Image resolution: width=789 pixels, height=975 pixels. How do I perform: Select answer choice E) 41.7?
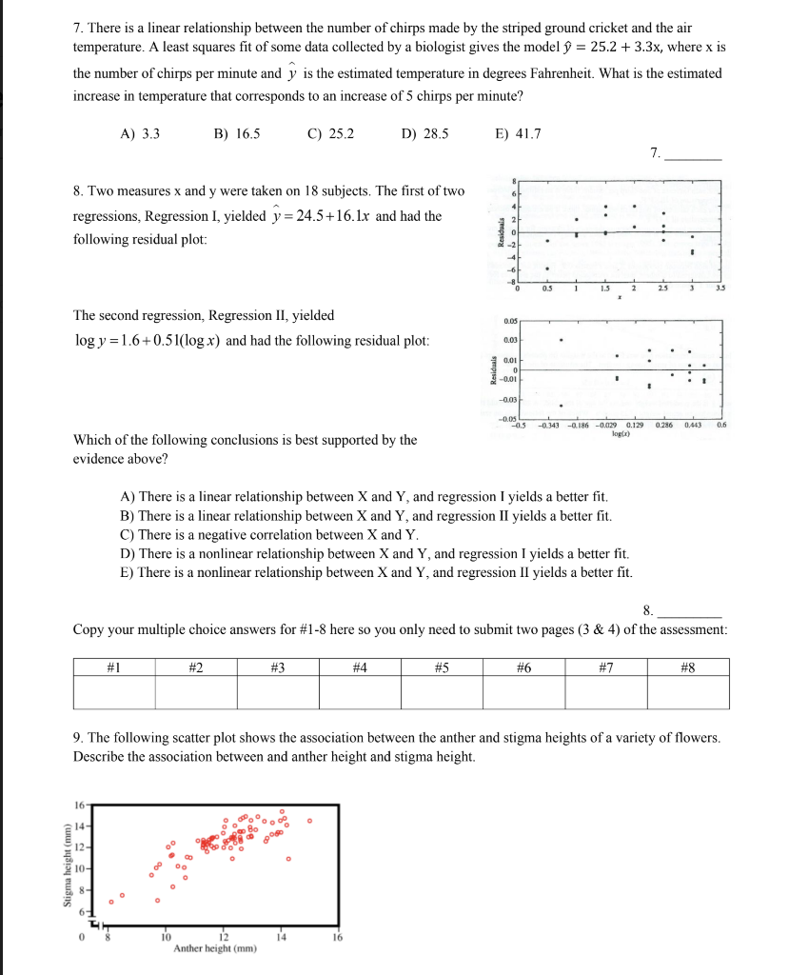tap(519, 134)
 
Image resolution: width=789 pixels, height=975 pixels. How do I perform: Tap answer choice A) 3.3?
tap(140, 134)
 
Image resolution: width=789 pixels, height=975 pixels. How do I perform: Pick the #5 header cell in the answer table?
tap(442, 667)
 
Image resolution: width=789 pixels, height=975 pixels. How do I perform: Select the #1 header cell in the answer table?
tap(114, 667)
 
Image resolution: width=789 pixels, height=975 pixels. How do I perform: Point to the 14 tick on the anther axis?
tap(281, 937)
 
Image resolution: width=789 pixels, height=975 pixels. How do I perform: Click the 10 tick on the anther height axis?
tap(165, 937)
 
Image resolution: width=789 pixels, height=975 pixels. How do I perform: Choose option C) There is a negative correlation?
tap(269, 534)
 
